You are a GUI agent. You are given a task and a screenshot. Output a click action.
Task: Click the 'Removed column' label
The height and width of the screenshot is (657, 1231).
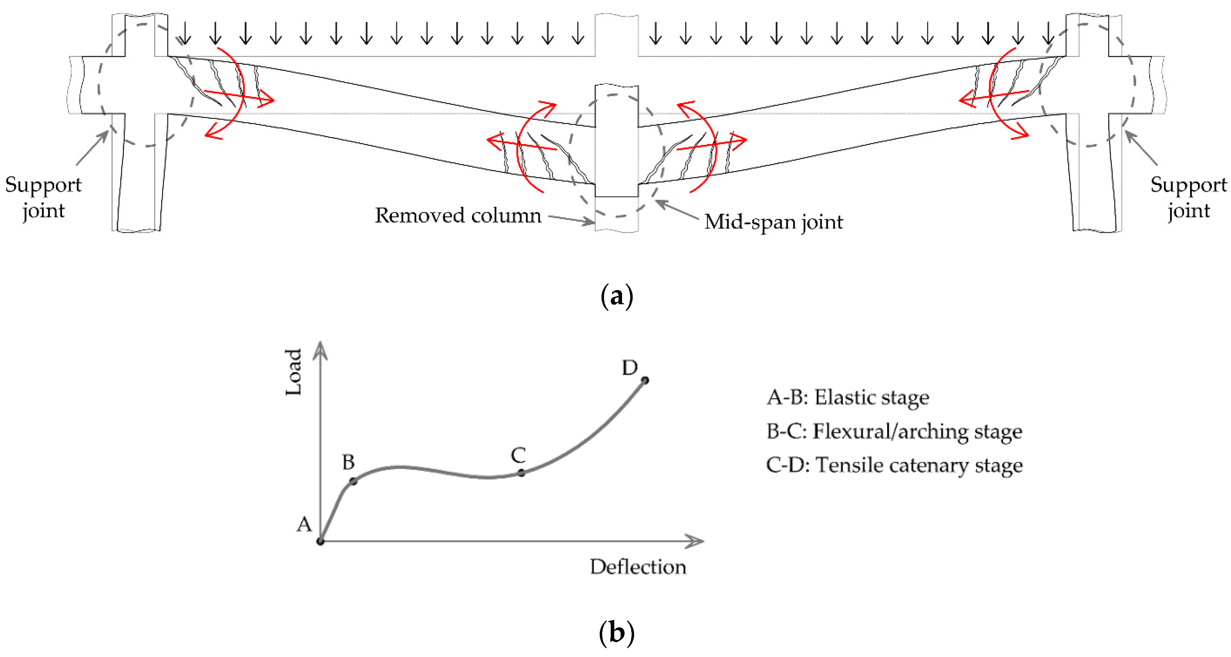[x=458, y=216]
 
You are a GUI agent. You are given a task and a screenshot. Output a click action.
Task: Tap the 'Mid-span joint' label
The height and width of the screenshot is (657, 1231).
[x=773, y=222]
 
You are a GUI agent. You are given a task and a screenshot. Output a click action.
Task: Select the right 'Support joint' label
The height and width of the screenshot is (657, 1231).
[x=1188, y=198]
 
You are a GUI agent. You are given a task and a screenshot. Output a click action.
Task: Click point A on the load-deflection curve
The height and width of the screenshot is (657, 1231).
[x=320, y=541]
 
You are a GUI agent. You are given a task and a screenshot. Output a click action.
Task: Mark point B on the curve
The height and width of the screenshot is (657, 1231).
[x=353, y=481]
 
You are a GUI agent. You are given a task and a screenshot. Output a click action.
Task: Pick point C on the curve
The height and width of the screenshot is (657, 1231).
[x=522, y=473]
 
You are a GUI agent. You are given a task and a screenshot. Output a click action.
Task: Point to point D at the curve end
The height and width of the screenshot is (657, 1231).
[x=645, y=380]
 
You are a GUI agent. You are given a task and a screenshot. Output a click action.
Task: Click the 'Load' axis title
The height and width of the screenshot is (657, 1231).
[x=293, y=372]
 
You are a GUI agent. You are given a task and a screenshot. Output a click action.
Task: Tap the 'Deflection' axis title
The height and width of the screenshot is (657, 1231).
[x=638, y=567]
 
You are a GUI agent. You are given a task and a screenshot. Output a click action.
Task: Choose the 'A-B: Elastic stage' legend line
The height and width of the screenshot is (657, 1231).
[x=848, y=397]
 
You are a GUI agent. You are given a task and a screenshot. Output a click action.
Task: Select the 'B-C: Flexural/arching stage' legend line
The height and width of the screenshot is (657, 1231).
[x=894, y=431]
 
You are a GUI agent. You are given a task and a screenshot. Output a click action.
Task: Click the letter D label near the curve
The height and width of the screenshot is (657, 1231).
[x=629, y=368]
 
